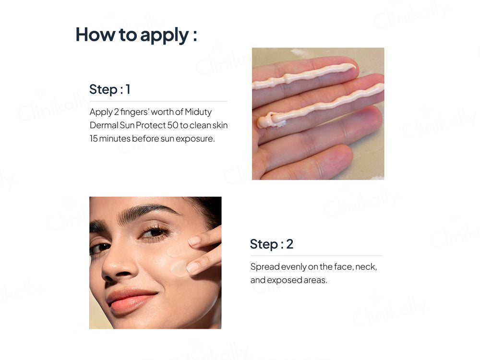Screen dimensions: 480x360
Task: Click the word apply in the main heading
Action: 164,35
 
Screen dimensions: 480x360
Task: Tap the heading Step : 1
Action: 110,89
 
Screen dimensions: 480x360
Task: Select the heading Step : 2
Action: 272,244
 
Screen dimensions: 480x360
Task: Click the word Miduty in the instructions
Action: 198,112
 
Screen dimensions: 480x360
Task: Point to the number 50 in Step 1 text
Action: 173,125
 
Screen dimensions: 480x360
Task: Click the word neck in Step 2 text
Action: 366,267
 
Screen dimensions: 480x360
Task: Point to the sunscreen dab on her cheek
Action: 180,268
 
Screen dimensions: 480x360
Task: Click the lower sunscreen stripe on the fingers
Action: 320,106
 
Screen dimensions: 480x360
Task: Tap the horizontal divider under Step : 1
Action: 158,101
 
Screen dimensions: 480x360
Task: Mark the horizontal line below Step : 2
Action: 316,255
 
